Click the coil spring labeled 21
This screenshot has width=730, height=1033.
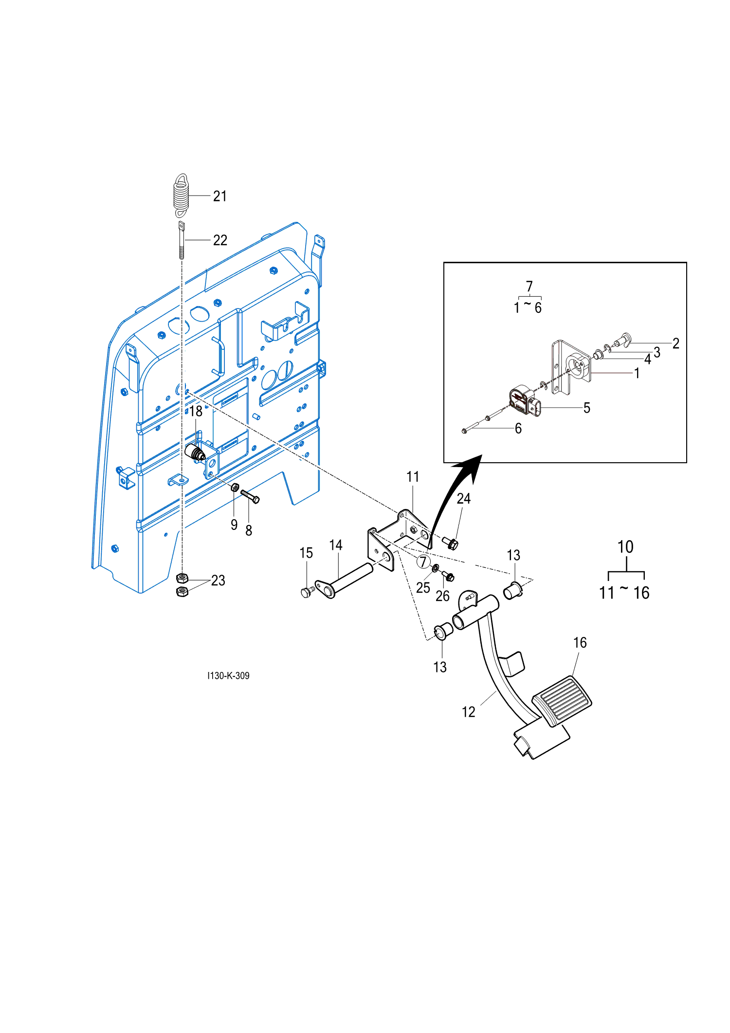click(181, 195)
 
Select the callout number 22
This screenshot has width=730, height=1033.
click(220, 240)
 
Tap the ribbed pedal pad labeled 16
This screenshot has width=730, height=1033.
click(562, 700)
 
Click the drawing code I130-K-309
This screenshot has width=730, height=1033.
click(228, 675)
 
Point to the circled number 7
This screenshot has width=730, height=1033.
click(423, 562)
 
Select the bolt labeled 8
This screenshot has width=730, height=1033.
click(250, 496)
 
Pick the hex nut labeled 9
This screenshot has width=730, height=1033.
click(235, 487)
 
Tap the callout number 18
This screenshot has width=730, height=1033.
click(196, 411)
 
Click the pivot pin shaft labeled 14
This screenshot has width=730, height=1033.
click(348, 580)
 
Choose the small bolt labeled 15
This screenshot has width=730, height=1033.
click(306, 592)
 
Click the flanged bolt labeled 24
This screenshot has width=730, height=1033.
click(451, 542)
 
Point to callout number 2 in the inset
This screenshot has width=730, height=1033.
click(675, 344)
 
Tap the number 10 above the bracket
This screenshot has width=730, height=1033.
click(625, 547)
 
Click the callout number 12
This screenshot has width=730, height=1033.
click(468, 712)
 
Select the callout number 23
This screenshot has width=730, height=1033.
click(218, 580)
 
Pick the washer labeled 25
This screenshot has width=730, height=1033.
click(435, 568)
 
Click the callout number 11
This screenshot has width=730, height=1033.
click(413, 477)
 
